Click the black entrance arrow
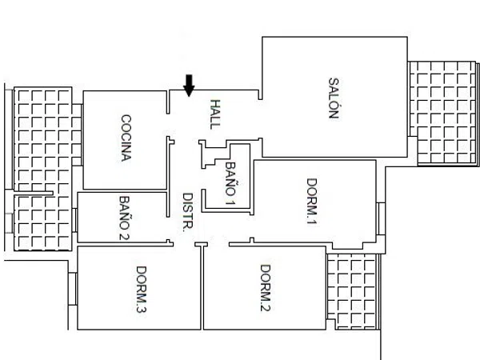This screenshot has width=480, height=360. point(189,86)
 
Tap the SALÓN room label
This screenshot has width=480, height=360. point(334,98)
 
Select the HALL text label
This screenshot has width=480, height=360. point(215,114)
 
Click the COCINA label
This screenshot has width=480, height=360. point(126,138)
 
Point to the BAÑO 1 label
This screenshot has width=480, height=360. point(230,183)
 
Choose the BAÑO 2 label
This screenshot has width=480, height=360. point(124,218)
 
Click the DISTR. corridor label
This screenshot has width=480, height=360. point(188,212)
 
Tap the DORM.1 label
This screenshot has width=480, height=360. point(312,201)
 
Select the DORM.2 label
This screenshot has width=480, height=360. point(265,288)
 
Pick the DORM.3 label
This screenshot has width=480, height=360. point(141,290)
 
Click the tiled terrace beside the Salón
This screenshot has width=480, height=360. point(443,114)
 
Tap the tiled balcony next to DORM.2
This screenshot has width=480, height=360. point(353,291)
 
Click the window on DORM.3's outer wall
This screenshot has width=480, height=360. point(73,289)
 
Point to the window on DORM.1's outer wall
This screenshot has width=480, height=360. point(381,218)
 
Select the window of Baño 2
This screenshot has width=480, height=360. point(74,220)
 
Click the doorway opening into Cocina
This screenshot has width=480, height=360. point(168,126)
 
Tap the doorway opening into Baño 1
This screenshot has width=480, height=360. point(203,178)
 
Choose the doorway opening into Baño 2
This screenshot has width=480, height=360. point(168,228)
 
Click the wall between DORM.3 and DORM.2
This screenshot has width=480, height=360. point(202,288)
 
